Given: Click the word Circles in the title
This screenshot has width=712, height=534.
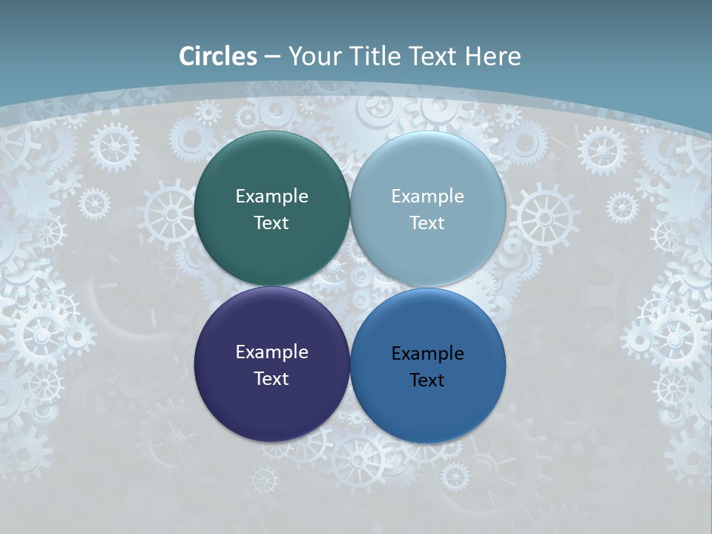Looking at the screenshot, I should pyautogui.click(x=218, y=56).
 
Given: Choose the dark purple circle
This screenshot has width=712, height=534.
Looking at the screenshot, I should pyautogui.click(x=271, y=408).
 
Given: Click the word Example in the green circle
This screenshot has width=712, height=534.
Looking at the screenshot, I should pyautogui.click(x=271, y=196).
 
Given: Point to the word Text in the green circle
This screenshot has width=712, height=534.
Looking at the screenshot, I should pyautogui.click(x=271, y=222).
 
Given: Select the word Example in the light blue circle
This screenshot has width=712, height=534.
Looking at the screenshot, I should pyautogui.click(x=428, y=196).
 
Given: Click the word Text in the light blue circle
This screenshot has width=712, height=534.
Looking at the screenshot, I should pyautogui.click(x=427, y=222).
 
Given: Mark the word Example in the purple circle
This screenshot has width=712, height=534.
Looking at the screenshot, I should pyautogui.click(x=271, y=352).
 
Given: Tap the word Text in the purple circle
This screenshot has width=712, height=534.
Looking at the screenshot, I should pyautogui.click(x=271, y=378).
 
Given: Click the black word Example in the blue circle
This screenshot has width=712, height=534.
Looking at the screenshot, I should pyautogui.click(x=428, y=353).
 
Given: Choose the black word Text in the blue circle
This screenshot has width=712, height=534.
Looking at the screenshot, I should pyautogui.click(x=427, y=380).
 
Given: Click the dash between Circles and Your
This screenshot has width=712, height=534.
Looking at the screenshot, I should pyautogui.click(x=272, y=56).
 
